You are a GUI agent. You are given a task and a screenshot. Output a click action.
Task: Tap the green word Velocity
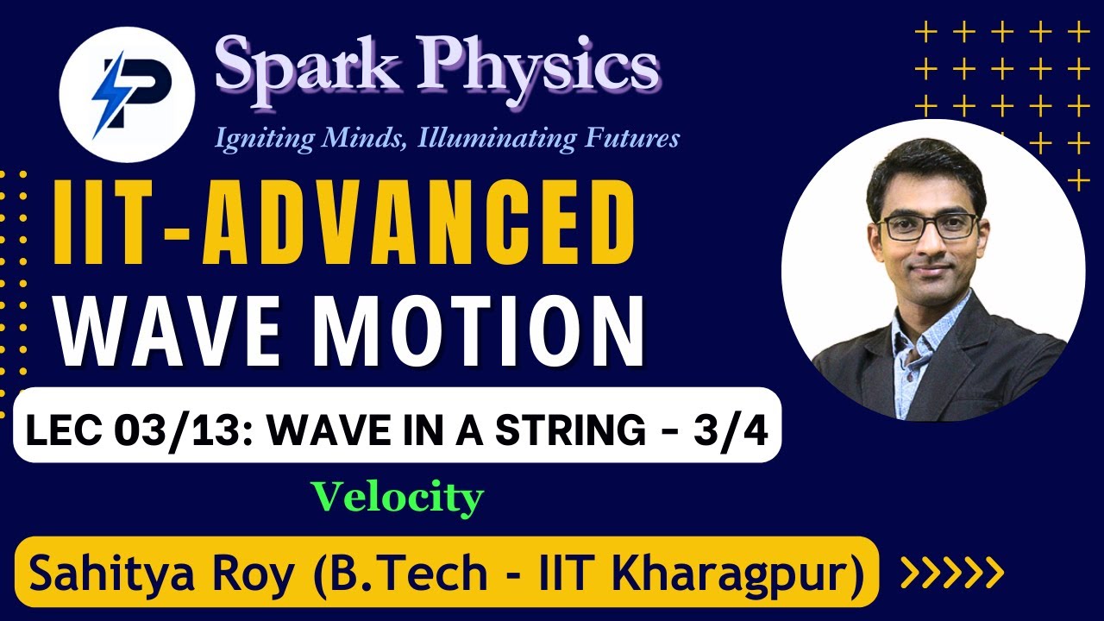point(397,498)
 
